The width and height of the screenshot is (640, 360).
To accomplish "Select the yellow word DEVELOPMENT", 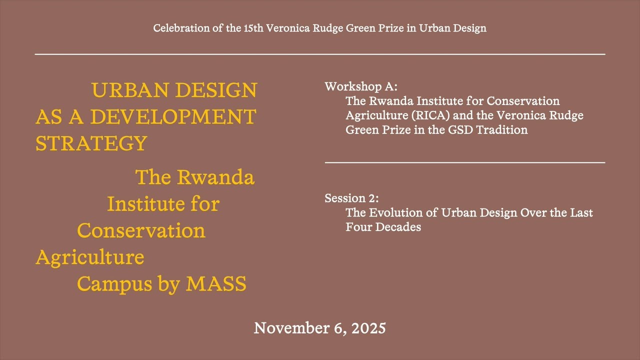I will pyautogui.click(x=173, y=117).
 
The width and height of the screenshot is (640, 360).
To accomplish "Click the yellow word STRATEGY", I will pyautogui.click(x=91, y=143).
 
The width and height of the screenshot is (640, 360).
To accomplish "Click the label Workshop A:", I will pyautogui.click(x=361, y=86).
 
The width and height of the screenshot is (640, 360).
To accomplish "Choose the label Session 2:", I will pyautogui.click(x=351, y=198).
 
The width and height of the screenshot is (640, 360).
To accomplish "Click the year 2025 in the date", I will pyautogui.click(x=368, y=328).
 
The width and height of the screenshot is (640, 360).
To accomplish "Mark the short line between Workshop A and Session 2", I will pyautogui.click(x=464, y=162).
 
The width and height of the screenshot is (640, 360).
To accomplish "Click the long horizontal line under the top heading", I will pyautogui.click(x=320, y=53).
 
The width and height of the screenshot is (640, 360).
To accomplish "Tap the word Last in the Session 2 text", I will pyautogui.click(x=581, y=212).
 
